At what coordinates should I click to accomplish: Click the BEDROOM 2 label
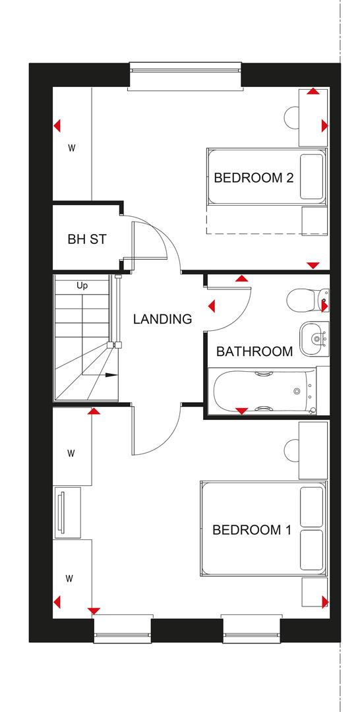253,178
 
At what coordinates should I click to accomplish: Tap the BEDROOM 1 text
251,529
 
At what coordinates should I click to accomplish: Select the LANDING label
162,319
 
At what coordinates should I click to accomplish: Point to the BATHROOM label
255,351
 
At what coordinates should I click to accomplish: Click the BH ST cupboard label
86,239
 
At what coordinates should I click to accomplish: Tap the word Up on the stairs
82,286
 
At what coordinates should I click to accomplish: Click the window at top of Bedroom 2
185,76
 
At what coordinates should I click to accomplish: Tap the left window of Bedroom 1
123,630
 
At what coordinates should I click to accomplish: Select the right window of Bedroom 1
251,630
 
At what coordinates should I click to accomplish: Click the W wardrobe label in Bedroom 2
71,148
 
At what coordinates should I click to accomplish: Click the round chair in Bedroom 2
292,117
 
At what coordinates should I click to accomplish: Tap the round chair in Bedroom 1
292,451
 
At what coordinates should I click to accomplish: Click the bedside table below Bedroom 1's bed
314,593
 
